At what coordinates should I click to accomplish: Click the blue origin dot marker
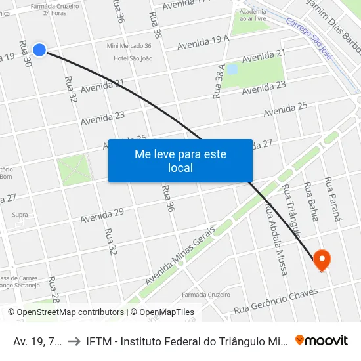click(x=39, y=49)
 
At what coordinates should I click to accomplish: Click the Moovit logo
click(x=322, y=340)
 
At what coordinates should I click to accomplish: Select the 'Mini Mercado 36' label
click(x=129, y=46)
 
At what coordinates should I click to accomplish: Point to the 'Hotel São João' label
click(x=133, y=58)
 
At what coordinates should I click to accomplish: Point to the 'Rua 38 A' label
click(x=219, y=81)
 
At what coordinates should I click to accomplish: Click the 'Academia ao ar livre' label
click(x=253, y=15)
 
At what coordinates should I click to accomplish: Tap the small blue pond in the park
click(x=231, y=69)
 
